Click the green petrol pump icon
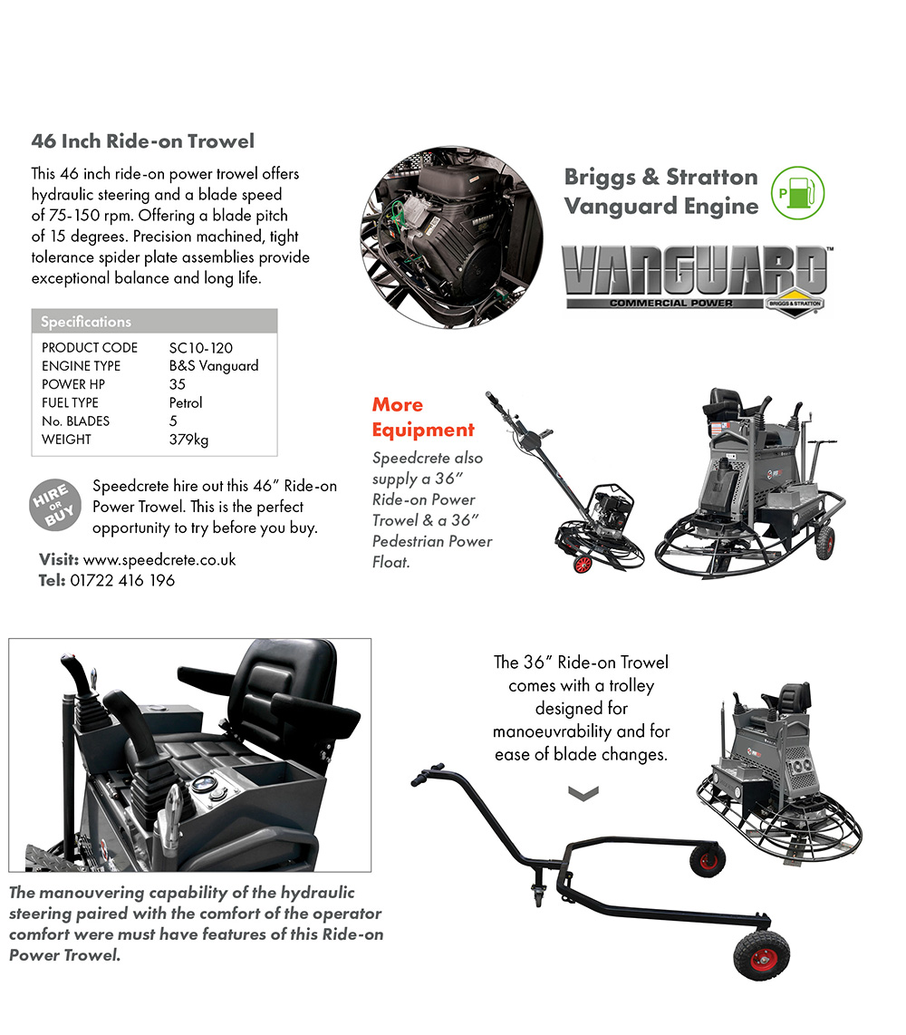coord(798,193)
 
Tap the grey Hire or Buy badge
coord(55,505)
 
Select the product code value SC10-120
coord(200,348)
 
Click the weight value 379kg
coord(188,440)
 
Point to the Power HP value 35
coord(177,384)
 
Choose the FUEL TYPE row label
coord(70,402)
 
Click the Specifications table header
coord(154,322)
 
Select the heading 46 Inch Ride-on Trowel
coord(142,141)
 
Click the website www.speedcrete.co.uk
coord(159,560)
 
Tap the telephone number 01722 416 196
coord(122,580)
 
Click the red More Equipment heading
coord(423,417)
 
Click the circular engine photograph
coord(452,237)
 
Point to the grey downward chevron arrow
coord(583,793)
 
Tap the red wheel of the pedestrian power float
coord(582,564)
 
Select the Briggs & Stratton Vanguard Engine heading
coord(661,191)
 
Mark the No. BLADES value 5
coord(173,421)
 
